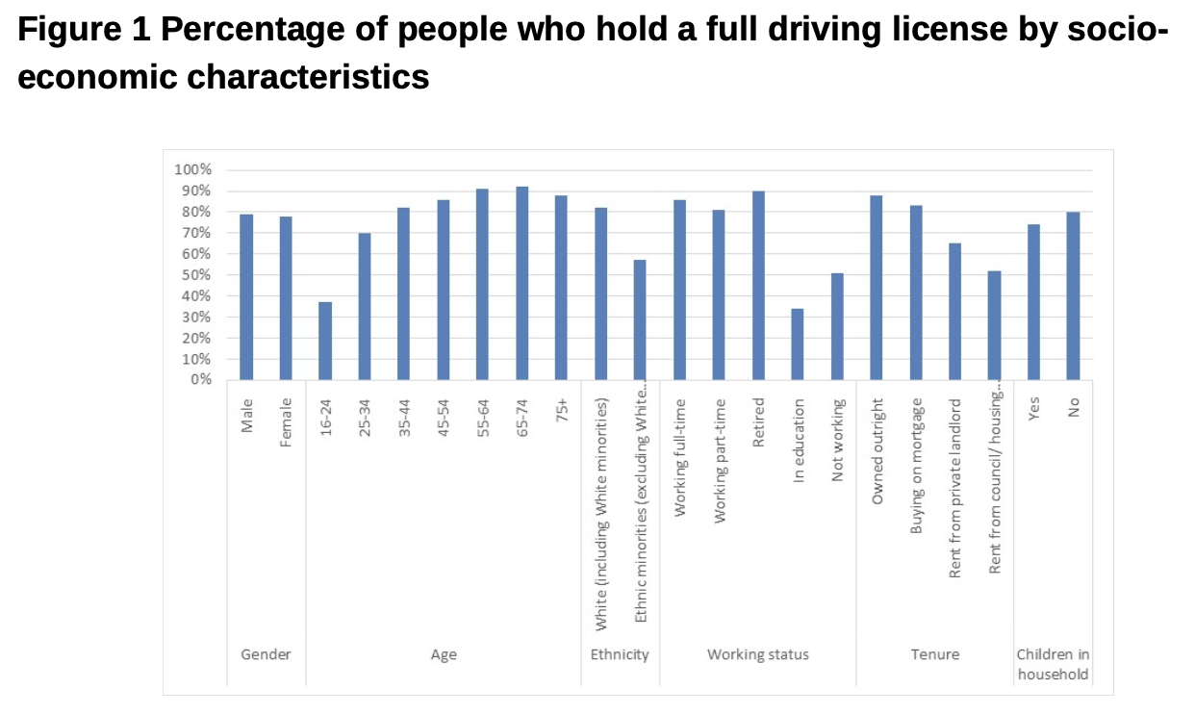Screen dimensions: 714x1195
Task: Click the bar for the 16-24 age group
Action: point(325,341)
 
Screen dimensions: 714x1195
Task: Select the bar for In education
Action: point(798,344)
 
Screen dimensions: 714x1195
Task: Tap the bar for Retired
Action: point(758,285)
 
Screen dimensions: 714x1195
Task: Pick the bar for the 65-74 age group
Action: point(522,283)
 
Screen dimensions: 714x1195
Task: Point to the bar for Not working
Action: point(837,326)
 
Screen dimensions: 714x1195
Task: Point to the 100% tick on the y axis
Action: point(192,169)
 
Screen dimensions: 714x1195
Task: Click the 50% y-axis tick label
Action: point(195,275)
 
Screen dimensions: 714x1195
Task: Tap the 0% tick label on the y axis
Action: point(199,380)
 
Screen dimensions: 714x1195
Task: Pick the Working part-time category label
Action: point(720,460)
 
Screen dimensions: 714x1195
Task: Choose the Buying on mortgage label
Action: point(916,466)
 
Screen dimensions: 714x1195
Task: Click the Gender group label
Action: point(266,654)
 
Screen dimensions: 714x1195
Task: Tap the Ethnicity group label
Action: point(620,654)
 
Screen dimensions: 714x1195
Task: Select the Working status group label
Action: point(758,654)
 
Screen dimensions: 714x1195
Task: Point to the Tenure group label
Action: point(935,654)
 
